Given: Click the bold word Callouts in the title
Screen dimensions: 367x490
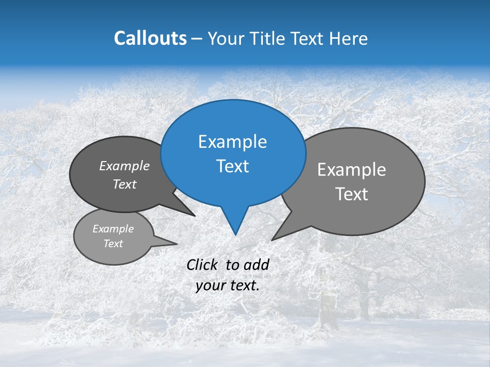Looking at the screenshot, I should click(x=150, y=39).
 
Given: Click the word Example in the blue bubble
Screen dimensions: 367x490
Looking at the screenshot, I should click(x=233, y=142).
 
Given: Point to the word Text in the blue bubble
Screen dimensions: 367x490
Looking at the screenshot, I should click(x=233, y=166).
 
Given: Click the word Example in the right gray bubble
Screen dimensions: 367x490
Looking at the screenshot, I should click(x=352, y=170).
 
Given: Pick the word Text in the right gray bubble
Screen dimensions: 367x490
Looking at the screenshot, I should click(x=352, y=194).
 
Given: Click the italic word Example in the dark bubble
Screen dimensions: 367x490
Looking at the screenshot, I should click(x=125, y=166).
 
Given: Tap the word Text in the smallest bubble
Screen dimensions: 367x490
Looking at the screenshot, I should click(x=113, y=244).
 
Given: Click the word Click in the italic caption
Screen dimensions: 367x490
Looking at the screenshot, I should click(x=202, y=265).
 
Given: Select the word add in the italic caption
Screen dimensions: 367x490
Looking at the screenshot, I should click(x=256, y=265).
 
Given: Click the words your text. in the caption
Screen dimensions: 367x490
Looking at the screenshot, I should click(x=228, y=285).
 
